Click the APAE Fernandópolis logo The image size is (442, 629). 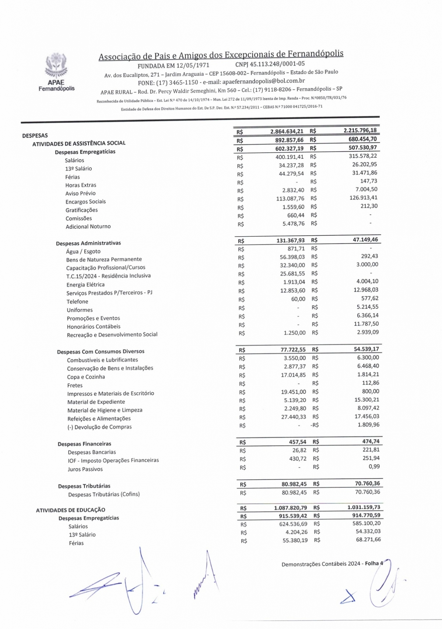click(56, 72)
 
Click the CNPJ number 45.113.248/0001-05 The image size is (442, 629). click(270, 64)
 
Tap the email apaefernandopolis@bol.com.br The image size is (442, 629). click(264, 81)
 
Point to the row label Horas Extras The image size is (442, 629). click(81, 185)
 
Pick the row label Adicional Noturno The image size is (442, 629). click(88, 227)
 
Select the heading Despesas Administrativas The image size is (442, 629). click(88, 243)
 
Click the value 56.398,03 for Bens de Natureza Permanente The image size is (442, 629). click(292, 257)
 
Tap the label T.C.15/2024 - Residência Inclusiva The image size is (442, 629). click(108, 276)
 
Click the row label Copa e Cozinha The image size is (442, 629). click(86, 377)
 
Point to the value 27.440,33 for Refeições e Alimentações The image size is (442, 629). click(293, 417)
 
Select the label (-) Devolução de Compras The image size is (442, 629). click(99, 427)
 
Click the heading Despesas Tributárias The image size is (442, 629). click(84, 486)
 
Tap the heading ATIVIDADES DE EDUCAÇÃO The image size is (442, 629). click(70, 510)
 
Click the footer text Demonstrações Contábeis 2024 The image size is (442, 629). click(321, 564)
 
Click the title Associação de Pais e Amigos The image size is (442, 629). click(221, 55)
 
